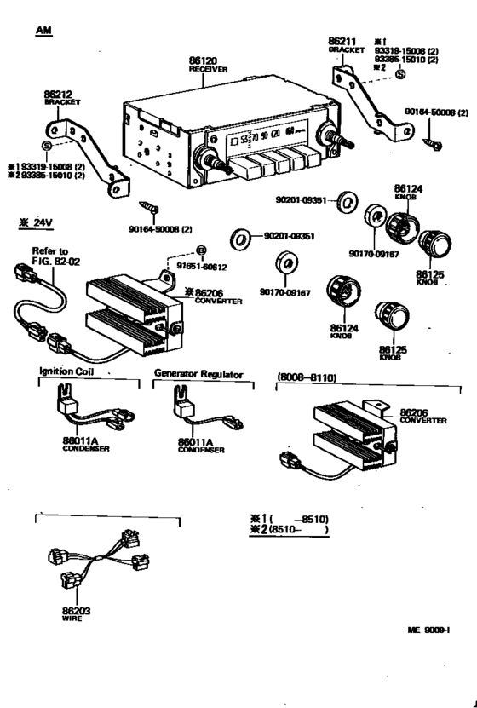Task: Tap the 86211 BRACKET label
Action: tap(345, 44)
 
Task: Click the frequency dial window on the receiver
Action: tap(265, 135)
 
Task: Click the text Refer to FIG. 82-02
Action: tap(49, 256)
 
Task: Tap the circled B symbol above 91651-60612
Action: tap(200, 250)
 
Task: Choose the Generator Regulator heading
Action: tap(198, 373)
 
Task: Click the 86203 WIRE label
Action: tap(76, 614)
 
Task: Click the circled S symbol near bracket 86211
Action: tap(400, 75)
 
